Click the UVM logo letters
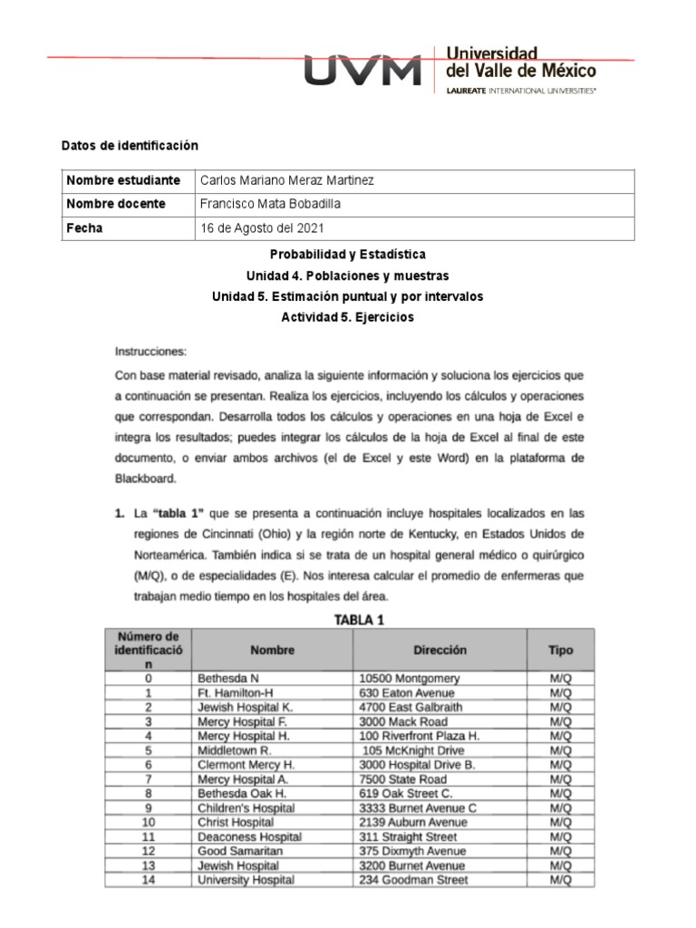click(362, 70)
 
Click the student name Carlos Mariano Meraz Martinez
click(285, 180)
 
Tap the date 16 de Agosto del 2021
click(261, 228)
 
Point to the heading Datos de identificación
click(129, 145)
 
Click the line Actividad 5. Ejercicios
click(348, 317)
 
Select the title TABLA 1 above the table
click(361, 620)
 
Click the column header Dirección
click(440, 650)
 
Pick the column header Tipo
click(560, 650)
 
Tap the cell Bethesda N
click(227, 679)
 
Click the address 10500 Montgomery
click(409, 679)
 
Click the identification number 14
click(149, 880)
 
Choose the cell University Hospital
click(245, 880)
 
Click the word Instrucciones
click(150, 350)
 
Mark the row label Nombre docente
click(116, 204)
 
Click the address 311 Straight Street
click(407, 836)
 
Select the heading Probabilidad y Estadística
click(348, 255)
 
